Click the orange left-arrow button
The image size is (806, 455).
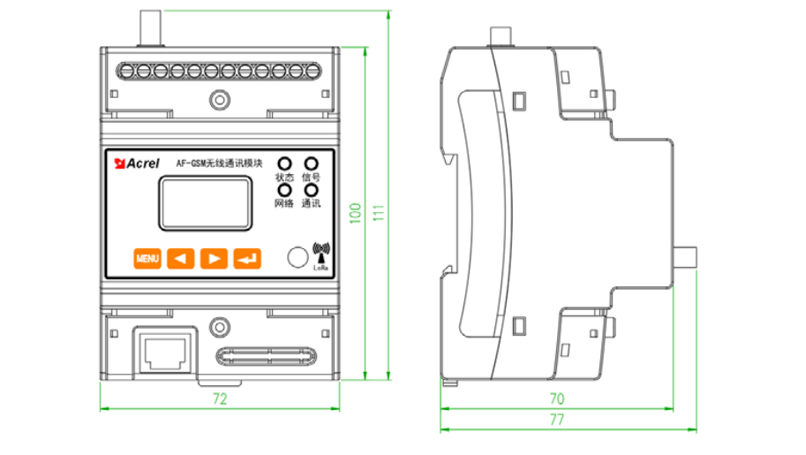coord(180,258)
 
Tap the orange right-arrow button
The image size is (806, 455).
coord(214,258)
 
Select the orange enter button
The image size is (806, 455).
coord(247,258)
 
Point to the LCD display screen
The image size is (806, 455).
coord(192,201)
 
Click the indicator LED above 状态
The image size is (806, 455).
coord(284,163)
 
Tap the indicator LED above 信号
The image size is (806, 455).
coord(310,163)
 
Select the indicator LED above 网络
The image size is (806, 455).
coord(284,190)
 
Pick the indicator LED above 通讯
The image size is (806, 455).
coord(310,190)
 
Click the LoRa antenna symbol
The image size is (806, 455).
coord(320,254)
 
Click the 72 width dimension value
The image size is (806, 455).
coord(220,399)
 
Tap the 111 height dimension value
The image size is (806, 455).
coord(380,213)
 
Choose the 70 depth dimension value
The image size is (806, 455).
coord(556,399)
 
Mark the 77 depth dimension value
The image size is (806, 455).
coord(556,421)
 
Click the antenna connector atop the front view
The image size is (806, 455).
coord(150,26)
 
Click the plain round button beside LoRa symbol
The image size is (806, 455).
coord(297,258)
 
